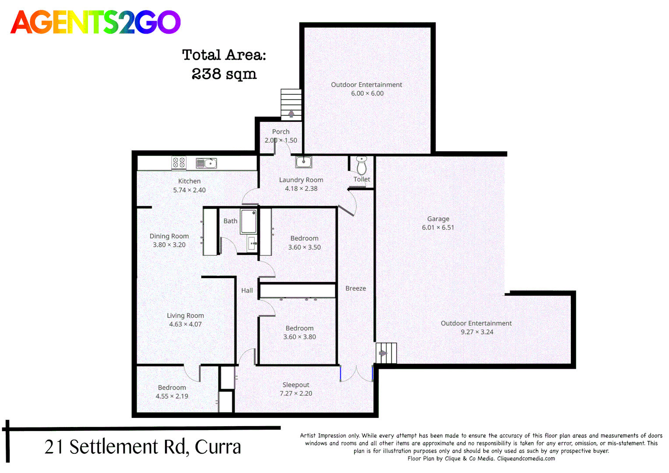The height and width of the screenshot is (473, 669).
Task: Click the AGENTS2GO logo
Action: point(95,22)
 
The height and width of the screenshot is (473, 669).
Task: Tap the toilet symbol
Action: point(362,165)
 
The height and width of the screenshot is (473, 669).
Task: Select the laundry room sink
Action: point(303,162)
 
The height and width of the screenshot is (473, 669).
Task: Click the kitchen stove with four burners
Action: point(179,163)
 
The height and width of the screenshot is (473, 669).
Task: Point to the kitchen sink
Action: point(206,163)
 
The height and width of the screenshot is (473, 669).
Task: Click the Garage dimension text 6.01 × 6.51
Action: point(438,228)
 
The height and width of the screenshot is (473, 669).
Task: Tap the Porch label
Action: point(281,132)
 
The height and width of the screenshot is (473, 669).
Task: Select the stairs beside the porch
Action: point(291,104)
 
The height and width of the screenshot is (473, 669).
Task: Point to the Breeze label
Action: point(356,289)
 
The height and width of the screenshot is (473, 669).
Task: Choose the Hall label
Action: point(247,290)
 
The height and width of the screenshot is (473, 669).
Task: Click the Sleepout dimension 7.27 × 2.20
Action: point(296,394)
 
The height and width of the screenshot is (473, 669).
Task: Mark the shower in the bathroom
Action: point(249,222)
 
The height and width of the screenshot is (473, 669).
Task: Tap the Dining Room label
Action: point(169,236)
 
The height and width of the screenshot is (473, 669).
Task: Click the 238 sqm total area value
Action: point(224,74)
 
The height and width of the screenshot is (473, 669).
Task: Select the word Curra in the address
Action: point(218,447)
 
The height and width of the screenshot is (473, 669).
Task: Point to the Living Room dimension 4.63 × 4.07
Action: point(185,325)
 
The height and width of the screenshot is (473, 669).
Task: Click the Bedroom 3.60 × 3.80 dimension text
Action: point(299,337)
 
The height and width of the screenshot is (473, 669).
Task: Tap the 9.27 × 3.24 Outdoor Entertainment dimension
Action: point(477,332)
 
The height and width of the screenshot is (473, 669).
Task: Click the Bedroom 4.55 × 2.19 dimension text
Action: point(172,396)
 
